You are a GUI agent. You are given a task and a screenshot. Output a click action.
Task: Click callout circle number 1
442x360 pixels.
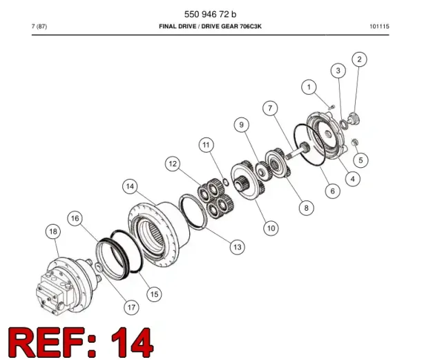pyautogui.click(x=309, y=87)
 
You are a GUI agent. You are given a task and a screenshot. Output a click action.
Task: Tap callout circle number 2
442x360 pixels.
pyautogui.click(x=359, y=59)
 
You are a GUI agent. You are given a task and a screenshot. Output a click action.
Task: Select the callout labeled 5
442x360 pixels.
pyautogui.click(x=361, y=160)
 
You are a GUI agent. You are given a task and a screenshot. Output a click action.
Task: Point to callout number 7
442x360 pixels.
pyautogui.click(x=270, y=108)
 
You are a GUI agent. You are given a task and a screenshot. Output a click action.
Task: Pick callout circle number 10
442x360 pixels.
pyautogui.click(x=271, y=228)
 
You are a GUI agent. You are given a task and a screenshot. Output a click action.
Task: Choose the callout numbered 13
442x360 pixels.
pyautogui.click(x=238, y=247)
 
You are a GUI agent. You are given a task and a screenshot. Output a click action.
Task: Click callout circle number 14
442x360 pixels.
pyautogui.click(x=130, y=187)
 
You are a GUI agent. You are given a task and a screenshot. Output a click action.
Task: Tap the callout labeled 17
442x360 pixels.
pyautogui.click(x=131, y=307)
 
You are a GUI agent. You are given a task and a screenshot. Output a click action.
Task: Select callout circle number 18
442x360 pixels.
pyautogui.click(x=53, y=231)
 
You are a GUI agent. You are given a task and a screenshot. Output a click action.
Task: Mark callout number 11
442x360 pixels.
pyautogui.click(x=206, y=145)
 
